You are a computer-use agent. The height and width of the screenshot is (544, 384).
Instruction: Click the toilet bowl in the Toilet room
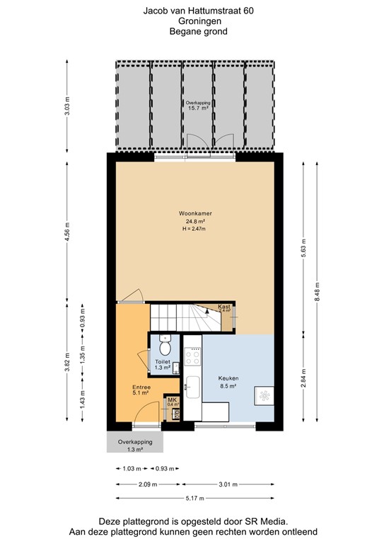[165, 347]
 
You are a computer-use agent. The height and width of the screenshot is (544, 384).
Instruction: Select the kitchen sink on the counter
[192, 386]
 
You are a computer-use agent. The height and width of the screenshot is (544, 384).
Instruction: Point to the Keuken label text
[228, 378]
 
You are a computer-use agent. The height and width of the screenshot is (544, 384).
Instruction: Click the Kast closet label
[224, 305]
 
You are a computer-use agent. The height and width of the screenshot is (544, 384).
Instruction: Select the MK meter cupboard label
[172, 400]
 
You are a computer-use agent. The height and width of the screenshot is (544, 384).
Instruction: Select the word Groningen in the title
[191, 21]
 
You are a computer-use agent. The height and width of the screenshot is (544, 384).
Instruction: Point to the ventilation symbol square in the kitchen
[265, 395]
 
